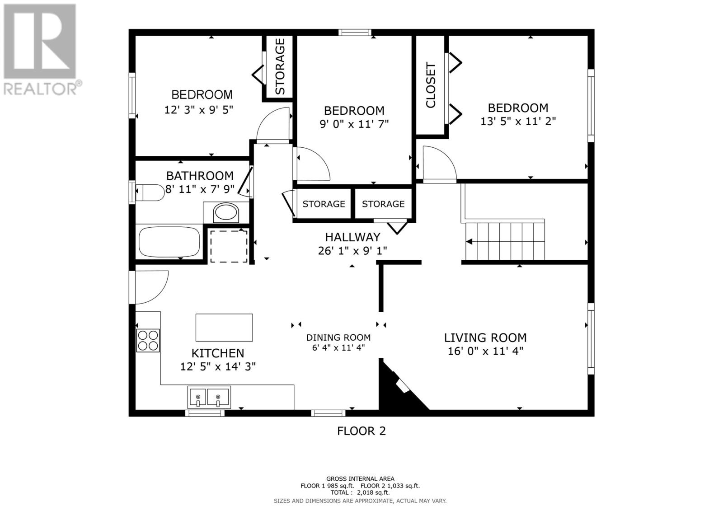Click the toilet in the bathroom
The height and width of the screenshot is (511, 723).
click(150, 193)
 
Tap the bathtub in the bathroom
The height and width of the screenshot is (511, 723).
click(169, 241)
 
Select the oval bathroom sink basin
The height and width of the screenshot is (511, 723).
click(225, 212)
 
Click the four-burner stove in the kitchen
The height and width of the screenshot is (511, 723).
click(148, 340)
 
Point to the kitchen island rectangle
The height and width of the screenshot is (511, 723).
click(224, 327)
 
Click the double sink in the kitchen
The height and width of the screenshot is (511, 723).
click(209, 397)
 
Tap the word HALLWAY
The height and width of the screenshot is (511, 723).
click(352, 237)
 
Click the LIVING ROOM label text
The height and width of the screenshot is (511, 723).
click(485, 338)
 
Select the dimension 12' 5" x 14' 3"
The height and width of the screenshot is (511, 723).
click(218, 367)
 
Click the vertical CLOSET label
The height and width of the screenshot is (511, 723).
click(431, 85)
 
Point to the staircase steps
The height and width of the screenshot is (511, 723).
click(505, 241)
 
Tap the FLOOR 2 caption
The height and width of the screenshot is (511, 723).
click(361, 431)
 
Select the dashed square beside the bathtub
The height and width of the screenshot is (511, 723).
click(229, 246)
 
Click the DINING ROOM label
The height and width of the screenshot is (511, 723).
click(338, 338)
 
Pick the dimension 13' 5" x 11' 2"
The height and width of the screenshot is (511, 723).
click(518, 122)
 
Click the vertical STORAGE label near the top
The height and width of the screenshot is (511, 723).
click(280, 66)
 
